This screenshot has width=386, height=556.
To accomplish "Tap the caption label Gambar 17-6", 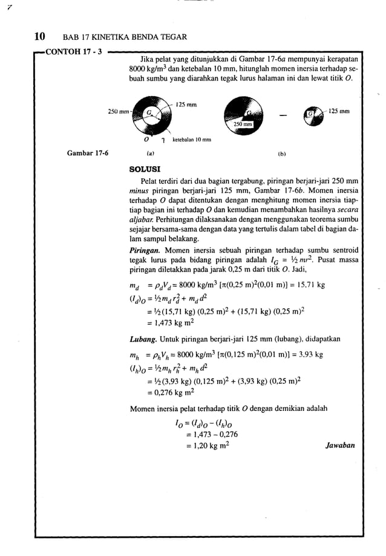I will pos(88,154).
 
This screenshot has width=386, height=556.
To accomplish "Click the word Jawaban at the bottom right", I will pos(339,446).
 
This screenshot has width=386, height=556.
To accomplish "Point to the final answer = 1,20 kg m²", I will pos(206,446).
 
